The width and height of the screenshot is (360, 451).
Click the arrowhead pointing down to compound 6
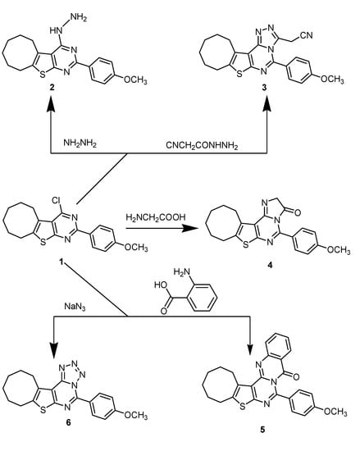pyautogui.click(x=51, y=344)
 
